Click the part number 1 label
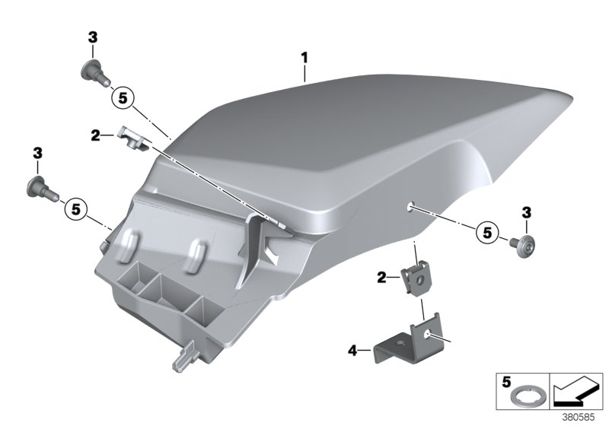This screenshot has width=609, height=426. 304,57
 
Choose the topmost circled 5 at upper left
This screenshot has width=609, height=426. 122,97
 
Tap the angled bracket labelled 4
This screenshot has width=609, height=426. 404,346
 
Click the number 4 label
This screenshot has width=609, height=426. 352,350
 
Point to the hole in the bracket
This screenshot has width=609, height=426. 431,334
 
